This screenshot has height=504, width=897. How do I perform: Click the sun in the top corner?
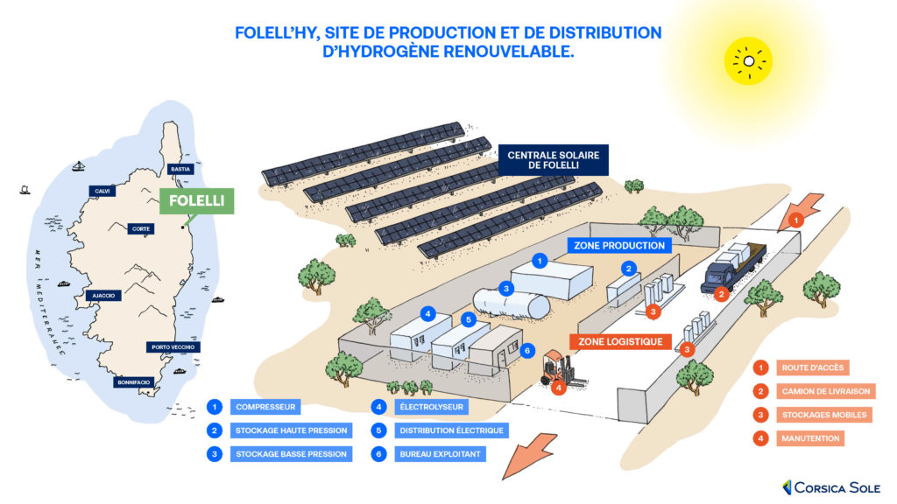(x=749, y=60)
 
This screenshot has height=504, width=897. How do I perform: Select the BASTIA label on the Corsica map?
(x=180, y=169)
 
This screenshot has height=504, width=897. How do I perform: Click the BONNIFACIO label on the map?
(x=134, y=382)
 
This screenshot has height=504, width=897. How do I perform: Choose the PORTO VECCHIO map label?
(x=173, y=347)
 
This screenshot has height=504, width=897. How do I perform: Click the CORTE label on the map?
(x=139, y=228)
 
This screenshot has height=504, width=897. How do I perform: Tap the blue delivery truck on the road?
(x=734, y=266)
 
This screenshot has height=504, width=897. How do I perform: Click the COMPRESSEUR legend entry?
(x=265, y=407)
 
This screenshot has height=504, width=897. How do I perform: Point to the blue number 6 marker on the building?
(x=526, y=351)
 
